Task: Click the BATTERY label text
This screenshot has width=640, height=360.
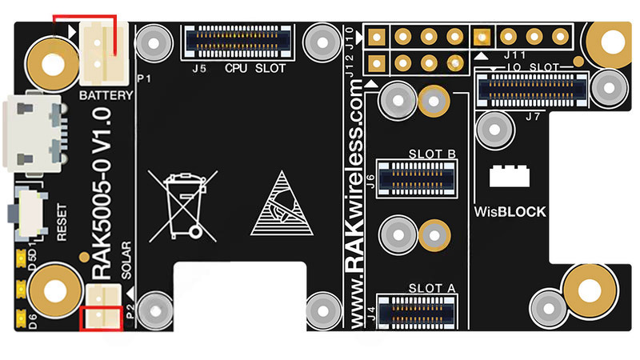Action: click(106, 95)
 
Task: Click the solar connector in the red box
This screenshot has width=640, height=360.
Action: click(102, 318)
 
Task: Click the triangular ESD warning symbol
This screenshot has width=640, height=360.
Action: click(281, 203)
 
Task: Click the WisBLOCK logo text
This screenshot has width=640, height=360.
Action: click(510, 212)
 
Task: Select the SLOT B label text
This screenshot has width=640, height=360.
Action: click(432, 154)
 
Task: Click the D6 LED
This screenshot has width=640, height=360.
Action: click(20, 318)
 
